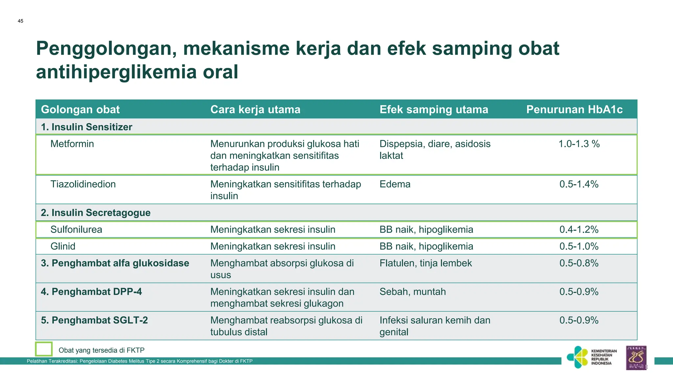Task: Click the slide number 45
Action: [20, 21]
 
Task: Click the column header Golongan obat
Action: [80, 109]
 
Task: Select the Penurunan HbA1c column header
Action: [574, 109]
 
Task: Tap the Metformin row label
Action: [72, 144]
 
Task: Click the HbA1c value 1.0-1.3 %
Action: [579, 144]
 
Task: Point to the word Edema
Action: [395, 184]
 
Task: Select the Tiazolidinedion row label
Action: [83, 184]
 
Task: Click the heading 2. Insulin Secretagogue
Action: [96, 213]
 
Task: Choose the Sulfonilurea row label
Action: [76, 229]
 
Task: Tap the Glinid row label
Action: [63, 246]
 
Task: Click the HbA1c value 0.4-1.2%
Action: [579, 229]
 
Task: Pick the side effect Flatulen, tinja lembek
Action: [426, 263]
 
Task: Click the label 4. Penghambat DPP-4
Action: [91, 292]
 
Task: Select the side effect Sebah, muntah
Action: [412, 292]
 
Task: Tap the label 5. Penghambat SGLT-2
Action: [94, 320]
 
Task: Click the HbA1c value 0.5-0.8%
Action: [579, 263]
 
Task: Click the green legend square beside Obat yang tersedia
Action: [44, 349]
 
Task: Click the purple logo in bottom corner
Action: [636, 358]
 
